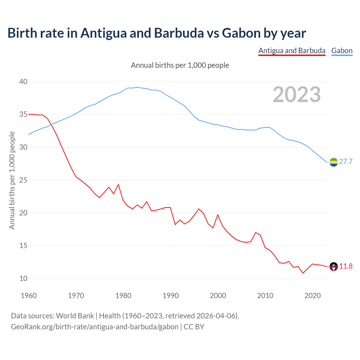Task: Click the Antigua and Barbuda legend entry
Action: click(x=292, y=51)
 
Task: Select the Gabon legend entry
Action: click(x=342, y=51)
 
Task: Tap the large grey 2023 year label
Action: click(x=297, y=94)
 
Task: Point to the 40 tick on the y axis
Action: click(x=23, y=82)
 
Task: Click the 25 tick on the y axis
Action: click(x=23, y=180)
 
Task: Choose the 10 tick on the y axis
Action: click(x=23, y=278)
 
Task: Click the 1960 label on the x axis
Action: click(x=29, y=296)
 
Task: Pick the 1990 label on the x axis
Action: click(x=171, y=296)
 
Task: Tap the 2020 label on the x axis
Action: click(x=312, y=296)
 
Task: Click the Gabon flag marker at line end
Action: click(x=334, y=162)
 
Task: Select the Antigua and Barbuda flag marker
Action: click(x=334, y=266)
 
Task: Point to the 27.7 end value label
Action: click(x=346, y=161)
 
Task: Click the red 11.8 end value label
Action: click(x=346, y=266)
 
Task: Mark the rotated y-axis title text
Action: click(x=12, y=180)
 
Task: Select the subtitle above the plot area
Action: click(x=180, y=65)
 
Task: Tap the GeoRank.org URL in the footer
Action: click(x=95, y=327)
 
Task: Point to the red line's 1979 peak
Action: click(x=118, y=184)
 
